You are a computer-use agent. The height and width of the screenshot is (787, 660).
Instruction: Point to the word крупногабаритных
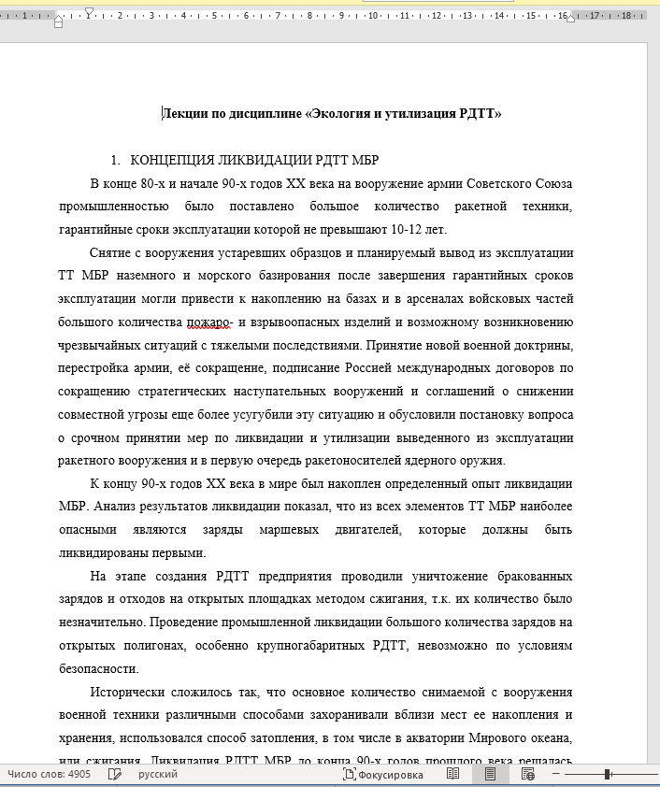click(x=296, y=646)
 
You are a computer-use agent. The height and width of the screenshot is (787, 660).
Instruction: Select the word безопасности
click(x=98, y=669)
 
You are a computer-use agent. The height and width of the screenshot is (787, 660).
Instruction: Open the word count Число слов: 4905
click(x=49, y=775)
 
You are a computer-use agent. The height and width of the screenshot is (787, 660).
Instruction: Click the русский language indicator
click(x=158, y=775)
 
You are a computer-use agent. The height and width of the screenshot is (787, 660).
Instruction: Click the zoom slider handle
click(x=608, y=775)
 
